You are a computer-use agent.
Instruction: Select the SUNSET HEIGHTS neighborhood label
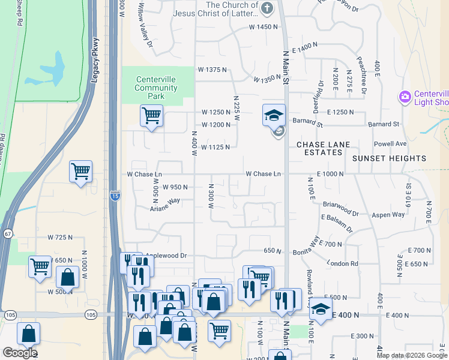(x=389, y=158)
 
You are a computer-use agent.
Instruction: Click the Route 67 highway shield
(x=7, y=232)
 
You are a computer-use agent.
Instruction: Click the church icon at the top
(x=268, y=8)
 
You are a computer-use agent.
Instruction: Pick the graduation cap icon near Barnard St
(x=274, y=114)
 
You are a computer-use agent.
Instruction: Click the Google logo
(x=20, y=352)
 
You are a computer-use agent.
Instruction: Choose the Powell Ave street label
(x=390, y=144)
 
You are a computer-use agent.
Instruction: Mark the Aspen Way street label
(x=390, y=215)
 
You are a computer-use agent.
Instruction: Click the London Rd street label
(x=342, y=263)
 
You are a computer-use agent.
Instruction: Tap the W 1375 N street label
(x=212, y=70)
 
